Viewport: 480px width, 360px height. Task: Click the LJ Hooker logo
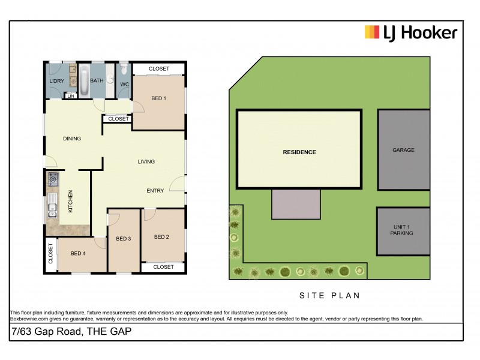411,32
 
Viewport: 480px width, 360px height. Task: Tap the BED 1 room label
158,98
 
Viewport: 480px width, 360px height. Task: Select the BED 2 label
161,237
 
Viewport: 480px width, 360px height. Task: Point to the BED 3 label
124,239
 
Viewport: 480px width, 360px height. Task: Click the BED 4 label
78,253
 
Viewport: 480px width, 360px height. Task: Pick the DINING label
72,139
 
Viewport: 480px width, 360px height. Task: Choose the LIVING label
146,161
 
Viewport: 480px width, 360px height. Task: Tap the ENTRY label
155,191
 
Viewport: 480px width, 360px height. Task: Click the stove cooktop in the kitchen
53,178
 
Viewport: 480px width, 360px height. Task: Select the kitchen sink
52,209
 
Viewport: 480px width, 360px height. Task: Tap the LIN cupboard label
71,95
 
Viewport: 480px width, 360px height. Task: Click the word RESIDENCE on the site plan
299,152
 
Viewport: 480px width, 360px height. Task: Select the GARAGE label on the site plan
403,150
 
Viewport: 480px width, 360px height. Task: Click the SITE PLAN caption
329,296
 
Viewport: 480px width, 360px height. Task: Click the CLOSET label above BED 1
159,69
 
